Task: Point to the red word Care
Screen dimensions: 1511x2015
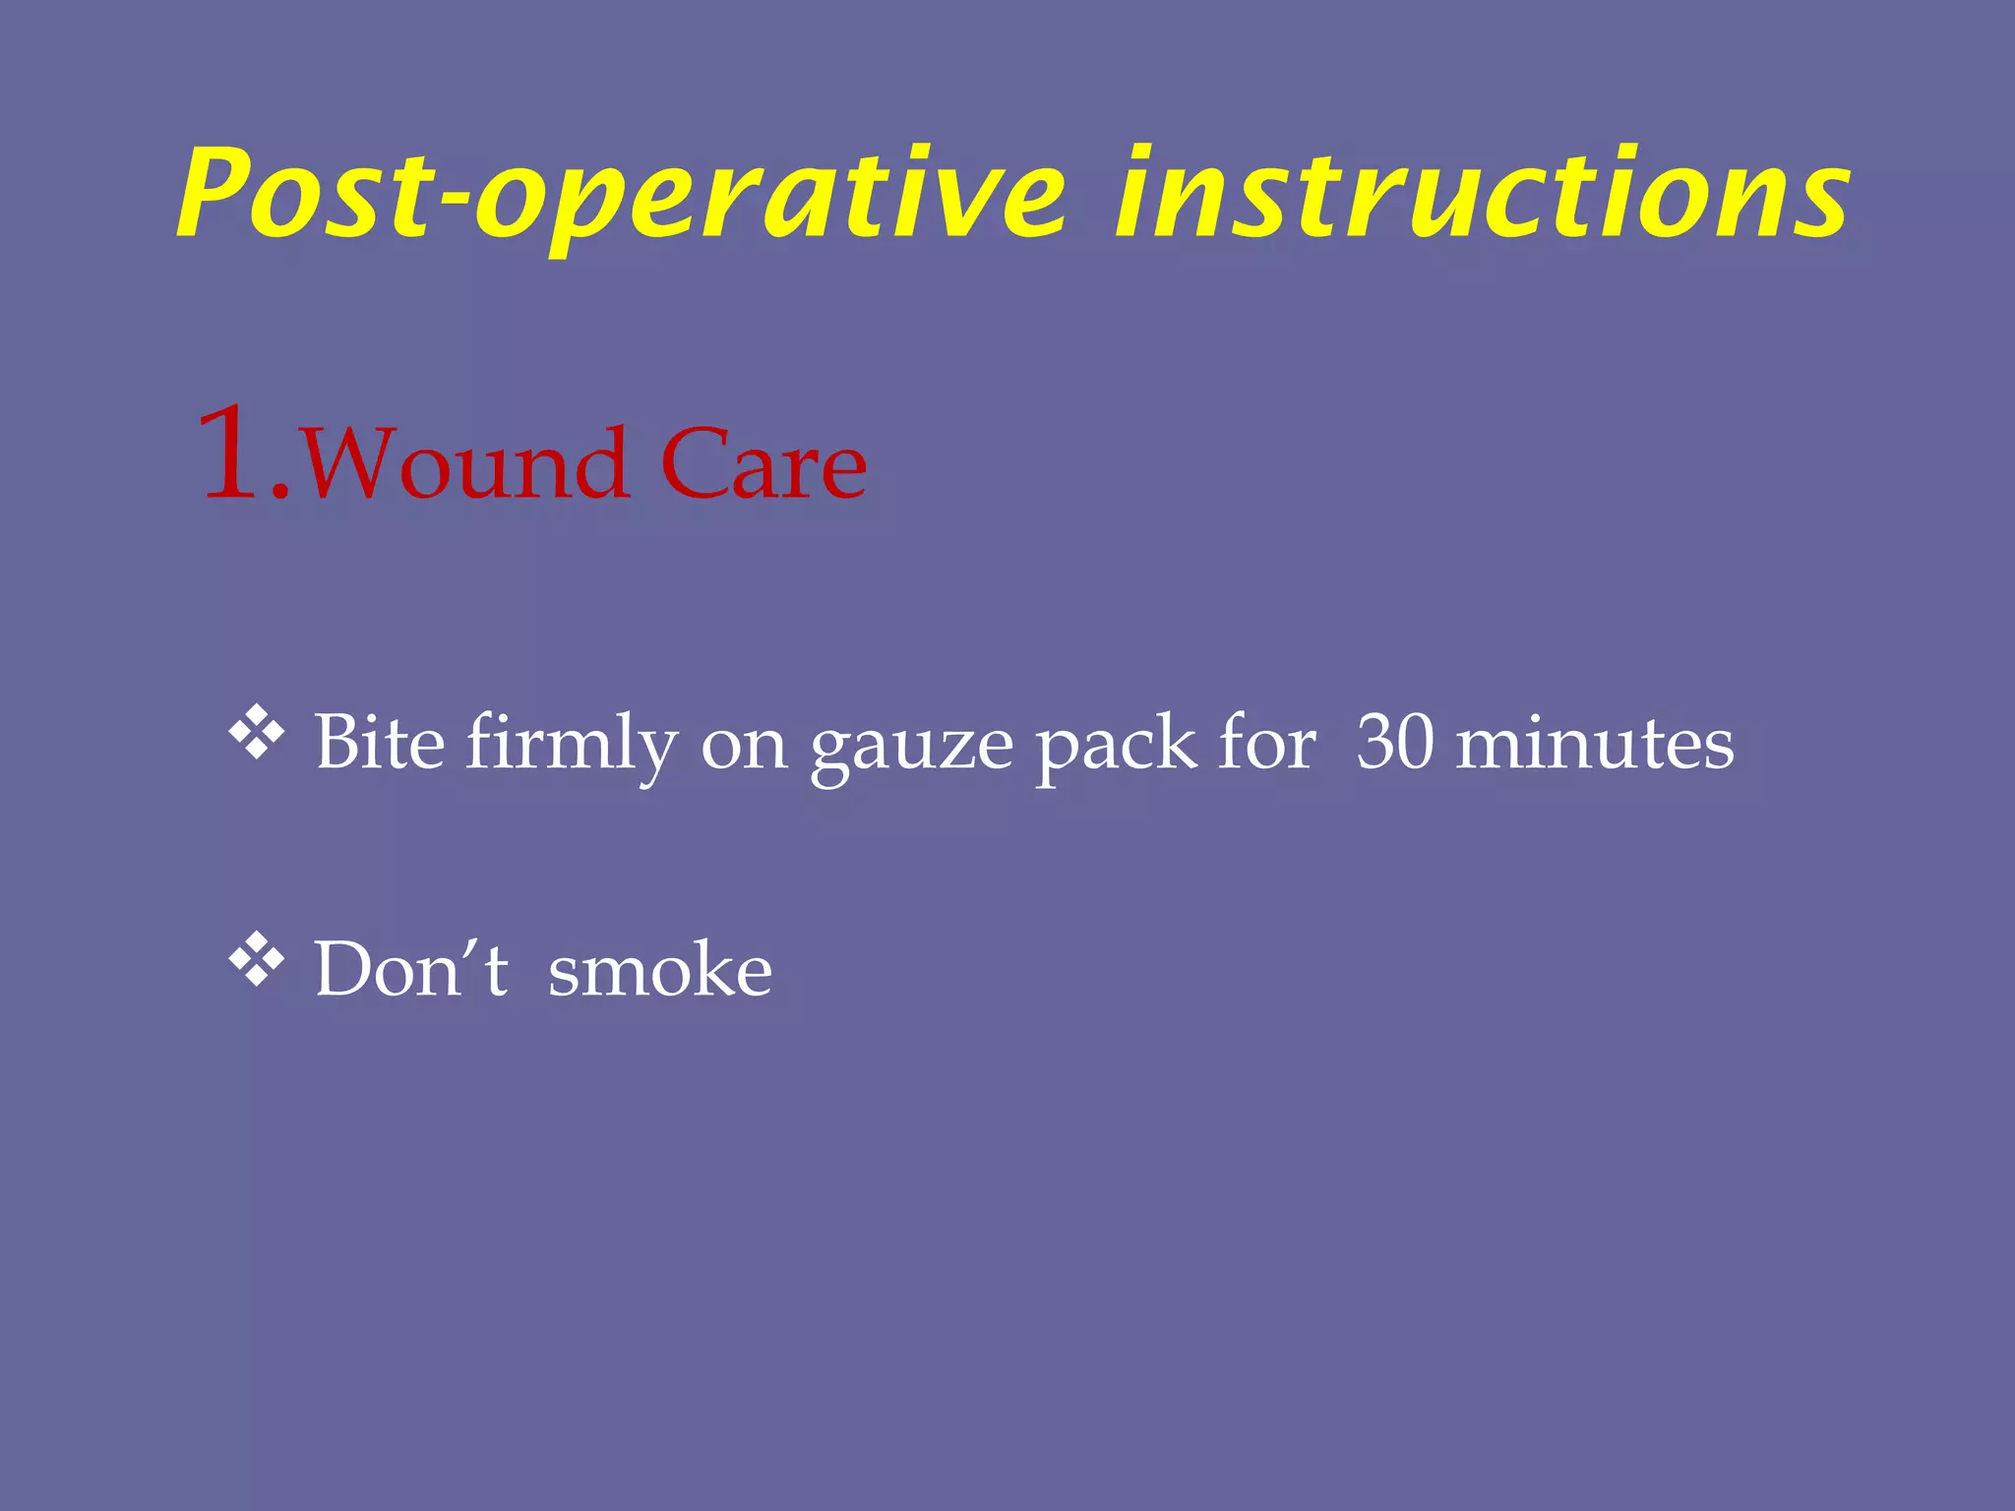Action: pos(763,464)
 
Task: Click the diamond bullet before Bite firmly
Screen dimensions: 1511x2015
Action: pos(257,733)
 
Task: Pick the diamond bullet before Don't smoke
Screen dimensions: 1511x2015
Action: pos(257,959)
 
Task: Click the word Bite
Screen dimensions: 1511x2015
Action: pos(380,742)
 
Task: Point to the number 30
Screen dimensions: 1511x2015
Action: pos(1395,742)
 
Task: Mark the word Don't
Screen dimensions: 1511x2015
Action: pos(411,969)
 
